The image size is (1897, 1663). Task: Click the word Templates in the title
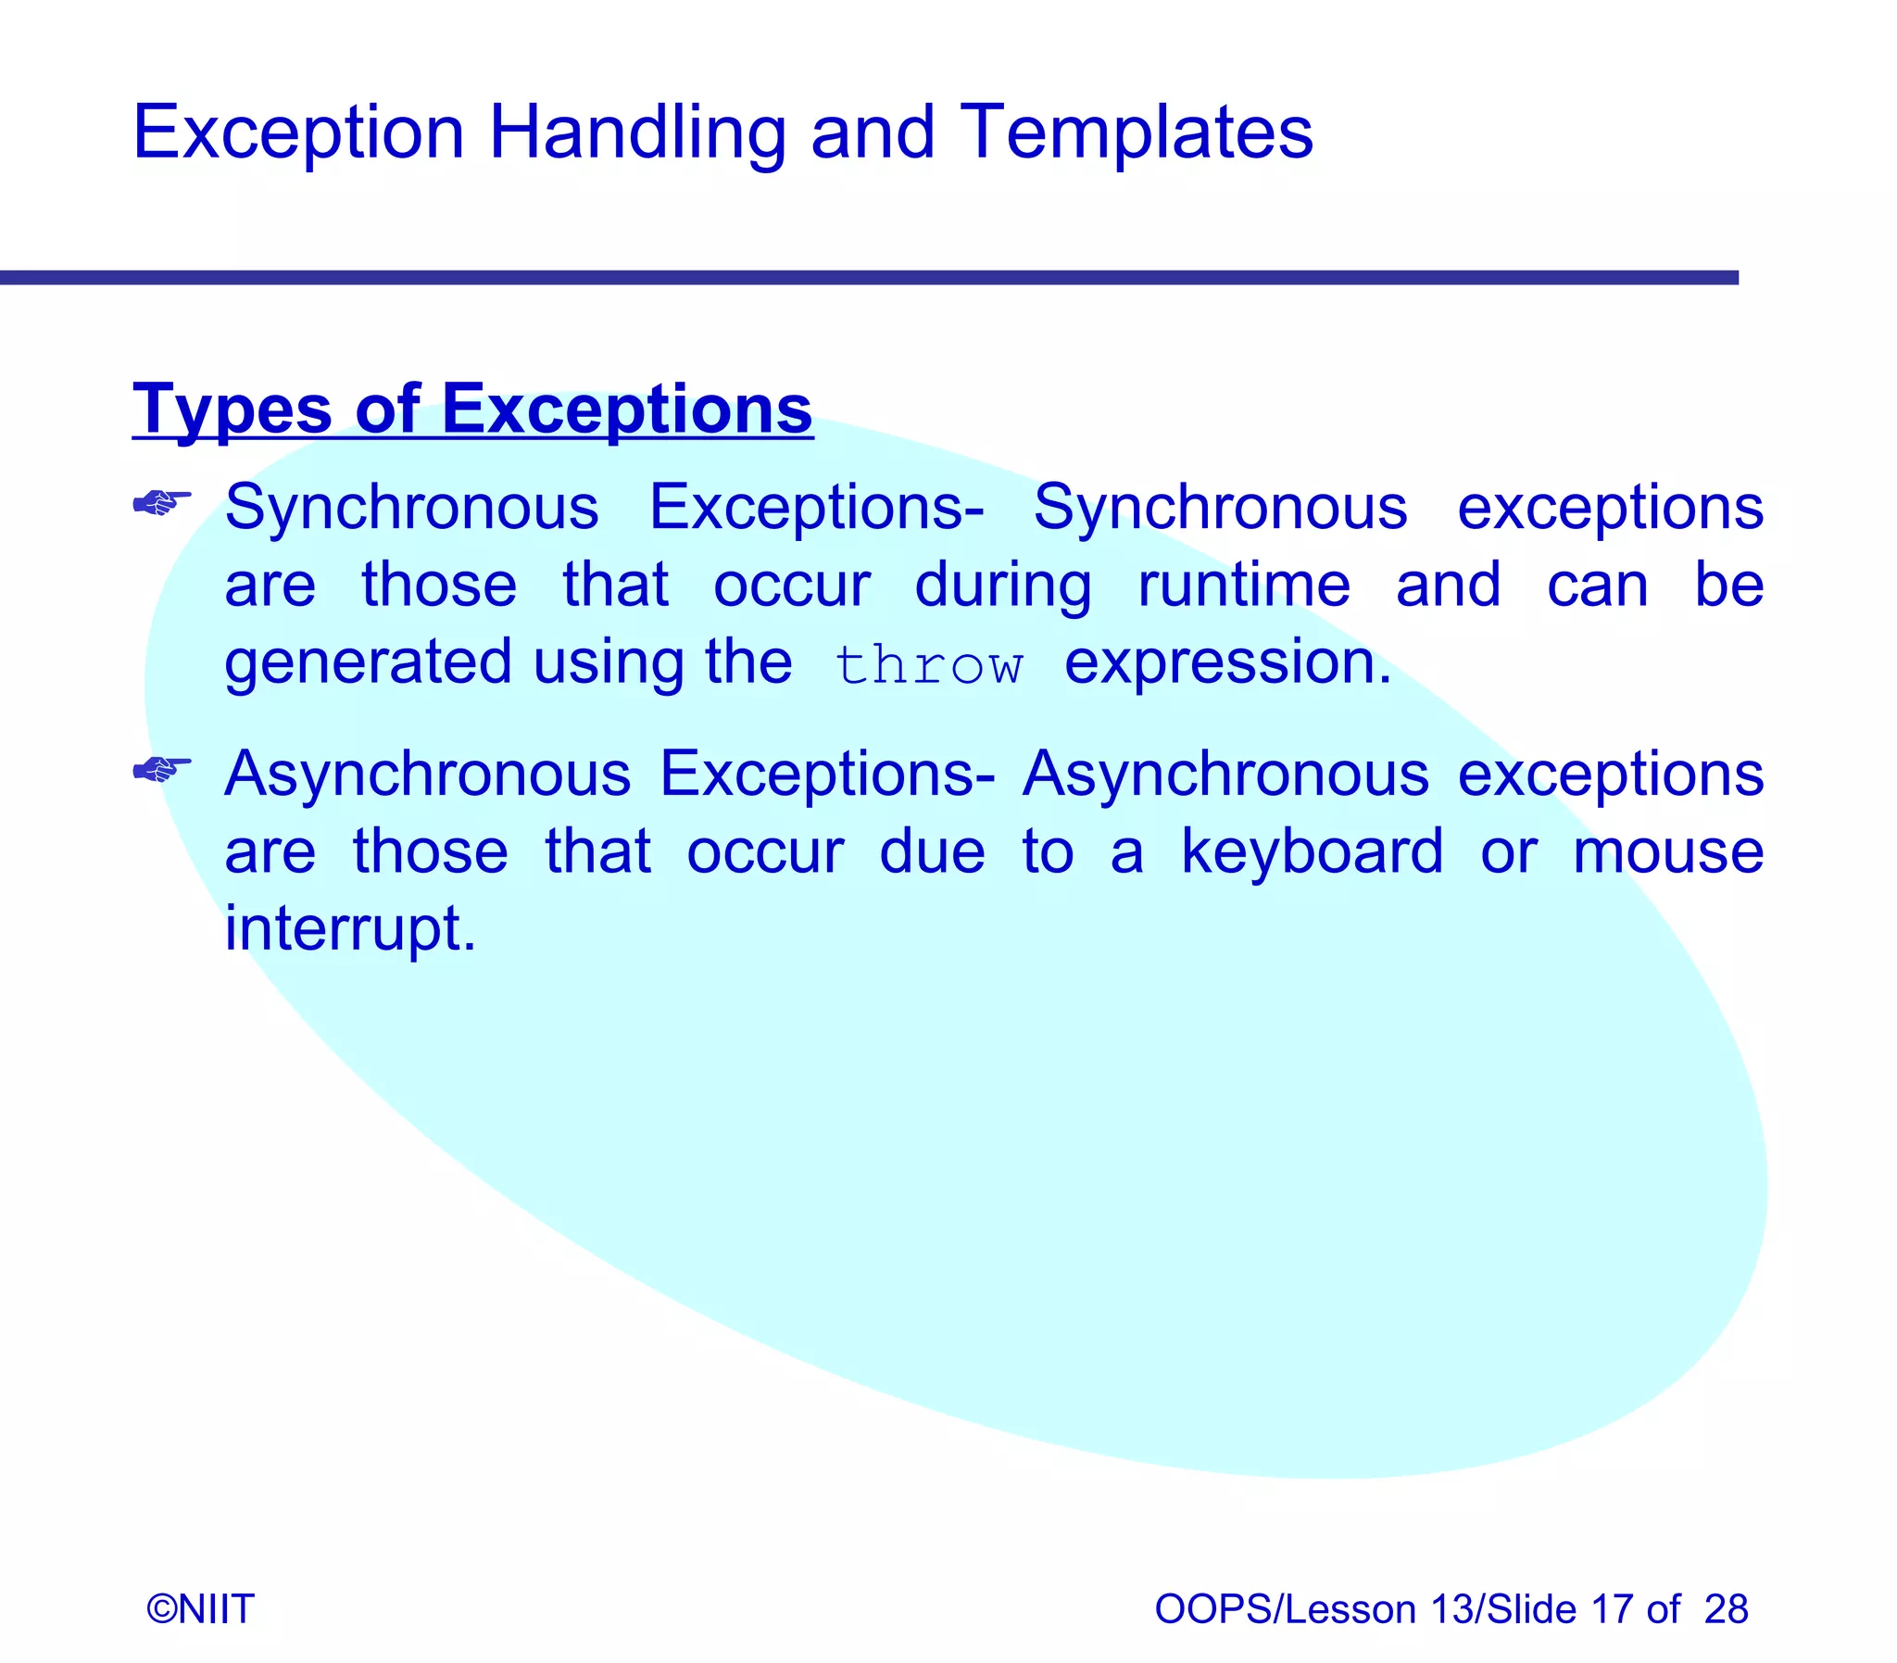pyautogui.click(x=1136, y=132)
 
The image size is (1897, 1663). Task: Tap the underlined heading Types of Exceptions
pyautogui.click(x=472, y=409)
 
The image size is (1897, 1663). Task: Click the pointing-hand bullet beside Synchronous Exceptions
pyautogui.click(x=162, y=503)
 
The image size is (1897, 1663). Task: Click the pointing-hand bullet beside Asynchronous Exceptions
pyautogui.click(x=162, y=768)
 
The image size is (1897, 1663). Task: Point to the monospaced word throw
pyautogui.click(x=928, y=665)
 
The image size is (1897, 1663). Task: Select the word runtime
pyautogui.click(x=1244, y=586)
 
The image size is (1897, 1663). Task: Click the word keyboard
pyautogui.click(x=1312, y=851)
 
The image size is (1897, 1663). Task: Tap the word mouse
pyautogui.click(x=1668, y=851)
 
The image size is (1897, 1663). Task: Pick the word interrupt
pyautogui.click(x=350, y=929)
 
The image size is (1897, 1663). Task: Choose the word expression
pyautogui.click(x=1227, y=663)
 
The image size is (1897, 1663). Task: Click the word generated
pyautogui.click(x=368, y=663)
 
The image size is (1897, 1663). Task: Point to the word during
pyautogui.click(x=1003, y=586)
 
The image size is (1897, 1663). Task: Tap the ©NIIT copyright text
pyautogui.click(x=200, y=1609)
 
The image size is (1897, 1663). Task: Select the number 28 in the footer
pyautogui.click(x=1726, y=1609)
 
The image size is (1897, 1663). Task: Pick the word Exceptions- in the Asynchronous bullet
pyautogui.click(x=826, y=774)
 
